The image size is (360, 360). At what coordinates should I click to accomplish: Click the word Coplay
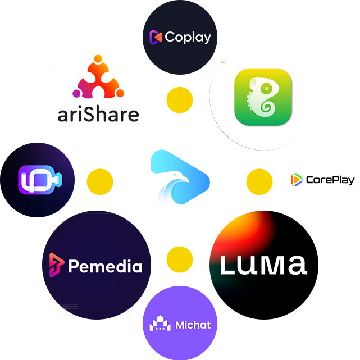click(188, 37)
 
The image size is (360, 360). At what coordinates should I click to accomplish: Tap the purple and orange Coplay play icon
click(156, 37)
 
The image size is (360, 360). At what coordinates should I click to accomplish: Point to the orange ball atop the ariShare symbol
click(98, 59)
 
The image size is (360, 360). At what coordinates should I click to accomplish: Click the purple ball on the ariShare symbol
click(76, 93)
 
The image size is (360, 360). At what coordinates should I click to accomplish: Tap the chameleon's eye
click(266, 88)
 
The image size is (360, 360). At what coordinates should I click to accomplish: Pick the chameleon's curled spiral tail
click(266, 107)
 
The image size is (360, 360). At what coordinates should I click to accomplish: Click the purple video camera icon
click(40, 180)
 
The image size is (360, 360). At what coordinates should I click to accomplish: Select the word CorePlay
click(330, 180)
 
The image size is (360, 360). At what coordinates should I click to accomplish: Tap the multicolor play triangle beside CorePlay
click(297, 180)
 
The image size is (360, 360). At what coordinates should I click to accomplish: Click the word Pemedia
click(105, 266)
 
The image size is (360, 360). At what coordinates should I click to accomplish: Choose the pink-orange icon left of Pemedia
click(56, 265)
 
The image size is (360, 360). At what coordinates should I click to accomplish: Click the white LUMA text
click(263, 265)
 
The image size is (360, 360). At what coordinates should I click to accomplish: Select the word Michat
click(193, 325)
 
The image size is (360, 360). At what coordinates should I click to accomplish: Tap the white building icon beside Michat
click(160, 323)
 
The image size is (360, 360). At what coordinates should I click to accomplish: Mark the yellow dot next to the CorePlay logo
click(259, 181)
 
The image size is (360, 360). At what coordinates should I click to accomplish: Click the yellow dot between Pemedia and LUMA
click(180, 259)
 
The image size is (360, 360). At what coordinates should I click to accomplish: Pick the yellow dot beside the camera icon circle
click(100, 181)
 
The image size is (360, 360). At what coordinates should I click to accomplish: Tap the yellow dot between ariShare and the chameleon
click(180, 100)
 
